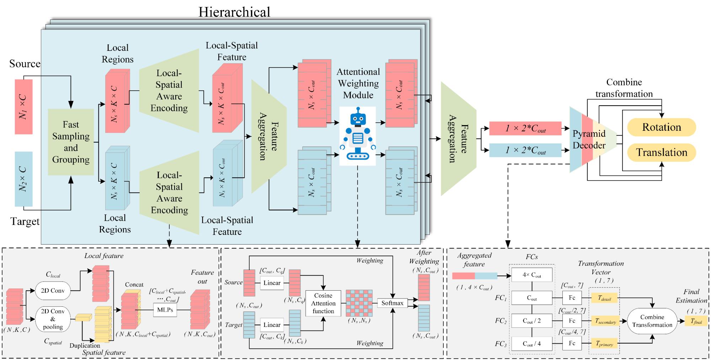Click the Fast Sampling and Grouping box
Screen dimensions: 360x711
tap(71, 142)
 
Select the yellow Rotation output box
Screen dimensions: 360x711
tap(661, 127)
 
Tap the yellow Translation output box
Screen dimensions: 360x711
tap(661, 152)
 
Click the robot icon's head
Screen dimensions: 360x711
tap(358, 117)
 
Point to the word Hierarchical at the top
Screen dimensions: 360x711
tap(234, 12)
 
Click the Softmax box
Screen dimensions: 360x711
tap(392, 303)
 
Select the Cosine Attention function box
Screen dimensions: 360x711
tap(323, 303)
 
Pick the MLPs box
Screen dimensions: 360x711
tap(165, 310)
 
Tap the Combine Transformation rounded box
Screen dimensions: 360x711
tap(652, 321)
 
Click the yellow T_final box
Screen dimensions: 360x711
tap(696, 321)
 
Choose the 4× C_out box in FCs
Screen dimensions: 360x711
tap(532, 275)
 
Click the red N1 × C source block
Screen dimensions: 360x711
tap(23, 107)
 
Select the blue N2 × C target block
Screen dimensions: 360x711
tap(23, 179)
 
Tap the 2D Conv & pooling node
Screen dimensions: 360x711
tap(53, 319)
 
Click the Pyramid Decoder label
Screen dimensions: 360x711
tap(589, 139)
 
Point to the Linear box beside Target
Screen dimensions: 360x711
tap(272, 325)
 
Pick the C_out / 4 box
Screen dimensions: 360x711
tap(532, 344)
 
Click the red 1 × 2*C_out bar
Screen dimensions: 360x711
tap(525, 129)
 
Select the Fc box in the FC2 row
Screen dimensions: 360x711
tap(572, 321)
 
